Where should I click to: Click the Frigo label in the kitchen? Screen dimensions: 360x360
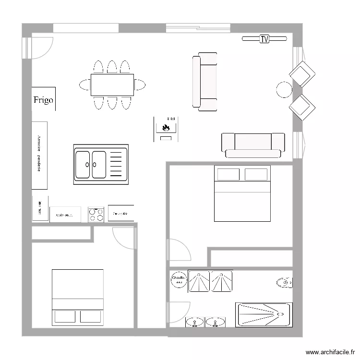click(x=43, y=100)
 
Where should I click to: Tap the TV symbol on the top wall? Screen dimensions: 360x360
click(x=264, y=39)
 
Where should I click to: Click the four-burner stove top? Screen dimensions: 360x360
click(x=96, y=214)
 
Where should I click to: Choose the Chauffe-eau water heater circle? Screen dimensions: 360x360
click(x=179, y=280)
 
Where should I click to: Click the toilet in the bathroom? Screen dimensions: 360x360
click(x=284, y=283)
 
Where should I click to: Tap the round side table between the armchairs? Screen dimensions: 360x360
click(x=284, y=90)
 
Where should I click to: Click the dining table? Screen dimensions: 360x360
click(x=112, y=85)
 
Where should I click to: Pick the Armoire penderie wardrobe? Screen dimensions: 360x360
click(x=39, y=155)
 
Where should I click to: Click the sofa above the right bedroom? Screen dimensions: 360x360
click(x=253, y=145)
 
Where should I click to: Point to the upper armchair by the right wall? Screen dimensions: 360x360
click(x=302, y=74)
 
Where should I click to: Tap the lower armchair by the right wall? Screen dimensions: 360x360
click(x=302, y=107)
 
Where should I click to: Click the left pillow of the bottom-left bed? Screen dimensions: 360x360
click(x=65, y=316)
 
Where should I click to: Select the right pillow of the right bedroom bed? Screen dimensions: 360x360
click(x=256, y=174)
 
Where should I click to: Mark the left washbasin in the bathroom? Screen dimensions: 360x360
click(x=194, y=322)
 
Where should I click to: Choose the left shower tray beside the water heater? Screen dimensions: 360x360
click(x=199, y=281)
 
